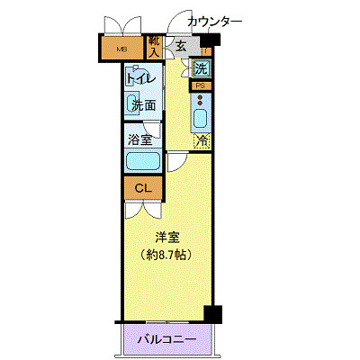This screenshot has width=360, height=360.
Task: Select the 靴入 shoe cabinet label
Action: [x=154, y=47]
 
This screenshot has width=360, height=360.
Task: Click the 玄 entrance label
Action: [x=181, y=47]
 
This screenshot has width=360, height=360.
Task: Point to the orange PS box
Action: [x=201, y=85]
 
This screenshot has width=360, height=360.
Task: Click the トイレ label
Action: [x=141, y=79]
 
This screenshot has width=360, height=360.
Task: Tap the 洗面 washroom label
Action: [x=143, y=105]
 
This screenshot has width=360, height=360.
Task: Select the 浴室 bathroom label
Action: [x=140, y=139]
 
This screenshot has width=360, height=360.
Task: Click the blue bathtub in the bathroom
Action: [x=142, y=162]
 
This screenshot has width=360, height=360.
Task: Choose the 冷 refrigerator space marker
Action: [x=203, y=140]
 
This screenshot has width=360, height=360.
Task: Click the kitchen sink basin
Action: [x=201, y=117]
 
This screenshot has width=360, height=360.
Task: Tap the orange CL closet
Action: [x=141, y=189]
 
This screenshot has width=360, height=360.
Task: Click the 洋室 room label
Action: [x=166, y=238]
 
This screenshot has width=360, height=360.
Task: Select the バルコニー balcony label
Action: [x=168, y=340]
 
